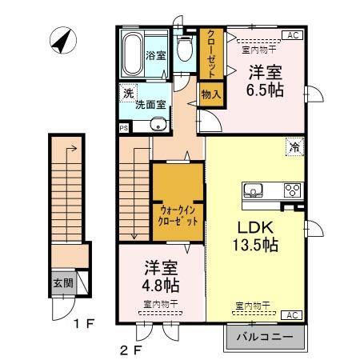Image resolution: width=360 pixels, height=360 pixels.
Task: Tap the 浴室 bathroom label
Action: [156, 55]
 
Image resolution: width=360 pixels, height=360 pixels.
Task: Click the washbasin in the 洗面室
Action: [158, 124]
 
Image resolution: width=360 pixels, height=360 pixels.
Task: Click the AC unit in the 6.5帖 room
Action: [293, 35]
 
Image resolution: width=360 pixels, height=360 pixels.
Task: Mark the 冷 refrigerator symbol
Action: [294, 147]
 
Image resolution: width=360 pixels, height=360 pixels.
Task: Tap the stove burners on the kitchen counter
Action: [291, 190]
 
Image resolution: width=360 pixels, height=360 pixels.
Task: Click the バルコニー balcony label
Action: [266, 337]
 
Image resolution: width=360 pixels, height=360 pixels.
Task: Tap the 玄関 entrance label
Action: [62, 282]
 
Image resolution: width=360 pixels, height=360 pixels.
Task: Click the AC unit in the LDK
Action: [293, 314]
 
